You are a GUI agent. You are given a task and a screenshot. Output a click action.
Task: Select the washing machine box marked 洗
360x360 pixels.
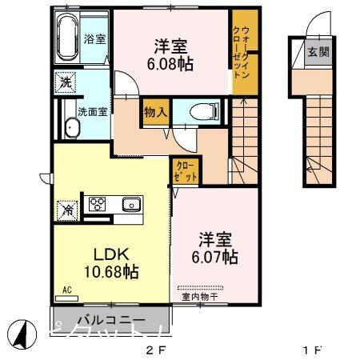[64, 80]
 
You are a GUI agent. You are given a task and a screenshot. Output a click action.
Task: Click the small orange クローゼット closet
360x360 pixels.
[185, 170]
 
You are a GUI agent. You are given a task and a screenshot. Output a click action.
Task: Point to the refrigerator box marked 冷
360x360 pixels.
[68, 210]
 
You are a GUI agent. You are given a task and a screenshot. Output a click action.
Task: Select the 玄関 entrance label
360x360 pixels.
[316, 53]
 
